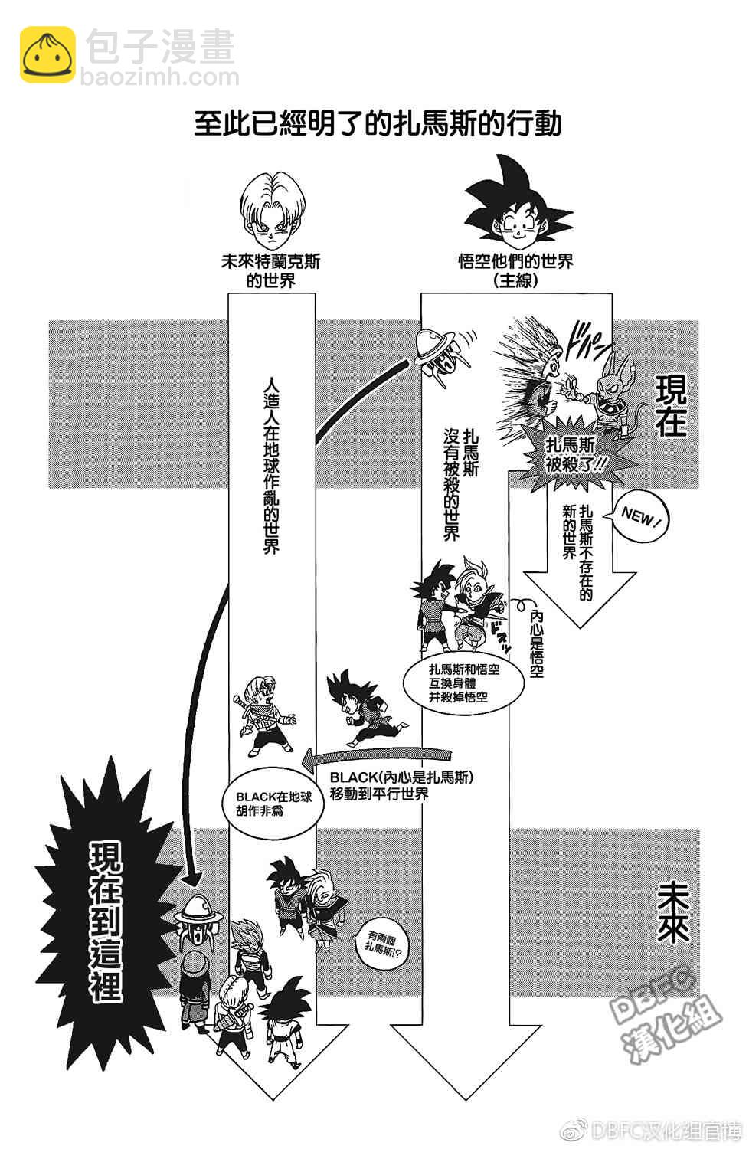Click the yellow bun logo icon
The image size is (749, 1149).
click(47, 55)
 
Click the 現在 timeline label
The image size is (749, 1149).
click(671, 405)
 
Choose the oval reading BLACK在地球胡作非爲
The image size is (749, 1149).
click(273, 804)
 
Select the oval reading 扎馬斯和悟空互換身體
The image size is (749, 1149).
click(464, 683)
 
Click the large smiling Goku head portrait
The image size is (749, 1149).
click(517, 205)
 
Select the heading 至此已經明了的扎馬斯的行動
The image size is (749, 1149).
click(378, 123)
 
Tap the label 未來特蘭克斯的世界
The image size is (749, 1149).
click(271, 271)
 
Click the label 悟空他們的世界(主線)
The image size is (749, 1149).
click(515, 271)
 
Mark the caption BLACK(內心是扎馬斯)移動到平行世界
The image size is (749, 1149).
click(402, 785)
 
